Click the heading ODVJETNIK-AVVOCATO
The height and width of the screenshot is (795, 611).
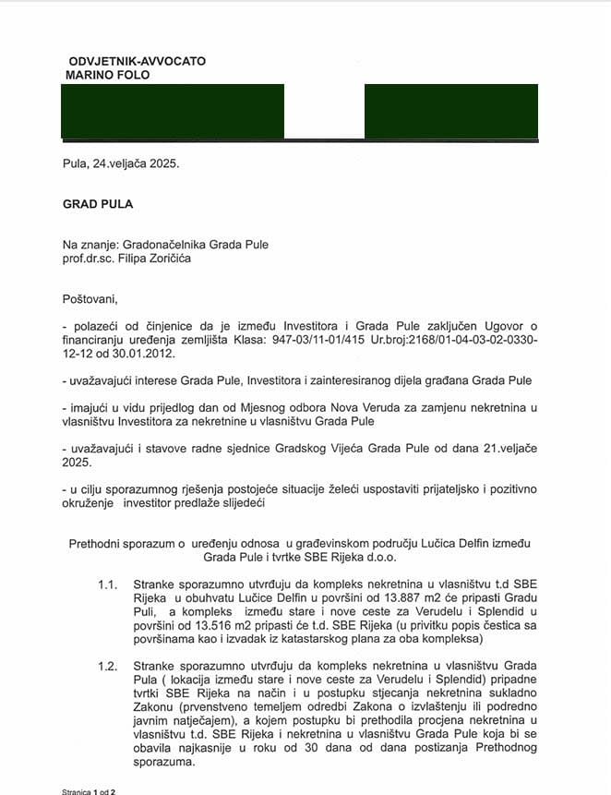pos(136,61)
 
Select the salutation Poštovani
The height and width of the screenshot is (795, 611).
pos(91,299)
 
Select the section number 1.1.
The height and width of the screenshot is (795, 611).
pos(108,585)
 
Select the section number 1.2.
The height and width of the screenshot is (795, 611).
pos(108,665)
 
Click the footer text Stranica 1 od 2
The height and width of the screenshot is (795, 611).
pos(89,791)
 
